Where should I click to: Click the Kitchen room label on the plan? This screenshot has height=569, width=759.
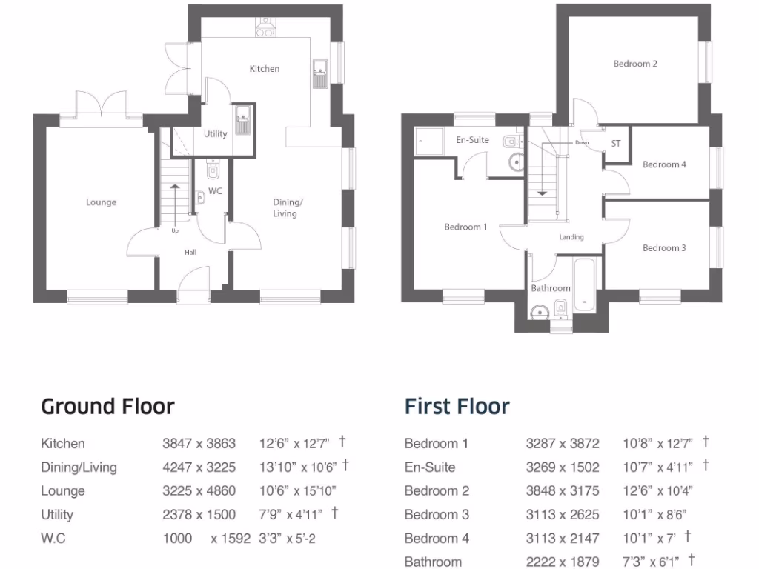coord(264,69)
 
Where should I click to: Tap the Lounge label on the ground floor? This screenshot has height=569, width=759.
coord(101,202)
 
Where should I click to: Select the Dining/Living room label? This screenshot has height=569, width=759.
coord(287,207)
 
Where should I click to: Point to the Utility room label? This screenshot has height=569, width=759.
coord(215,134)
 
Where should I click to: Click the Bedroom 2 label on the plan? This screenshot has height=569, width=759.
coord(635,64)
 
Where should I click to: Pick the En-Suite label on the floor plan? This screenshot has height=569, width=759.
coord(472,139)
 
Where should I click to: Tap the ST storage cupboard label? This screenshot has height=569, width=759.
coord(616,143)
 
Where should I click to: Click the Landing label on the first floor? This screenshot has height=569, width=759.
coord(571,237)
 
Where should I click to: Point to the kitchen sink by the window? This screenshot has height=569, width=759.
coord(321,73)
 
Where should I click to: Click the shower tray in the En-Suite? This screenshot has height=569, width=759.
coord(428,139)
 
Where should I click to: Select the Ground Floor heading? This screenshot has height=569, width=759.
coord(107,407)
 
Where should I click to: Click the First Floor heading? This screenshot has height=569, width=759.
coord(457,407)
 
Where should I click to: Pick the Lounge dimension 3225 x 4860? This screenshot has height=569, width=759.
coord(199,490)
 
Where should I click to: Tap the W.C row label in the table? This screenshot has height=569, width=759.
coord(53,538)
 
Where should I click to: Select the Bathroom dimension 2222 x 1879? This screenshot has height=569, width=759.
coord(562,562)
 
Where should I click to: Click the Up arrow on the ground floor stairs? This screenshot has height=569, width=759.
coord(175,204)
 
